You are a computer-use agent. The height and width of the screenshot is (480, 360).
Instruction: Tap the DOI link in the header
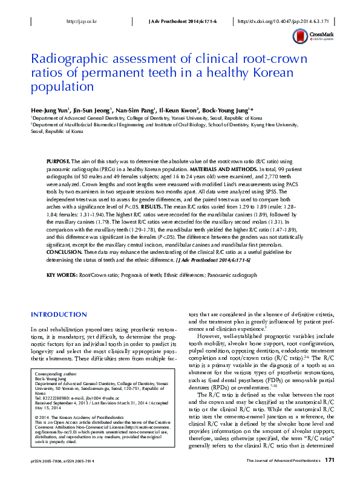278,21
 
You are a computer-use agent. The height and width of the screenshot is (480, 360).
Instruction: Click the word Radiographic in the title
67,60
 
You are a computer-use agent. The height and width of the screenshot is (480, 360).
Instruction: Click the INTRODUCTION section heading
59,315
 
